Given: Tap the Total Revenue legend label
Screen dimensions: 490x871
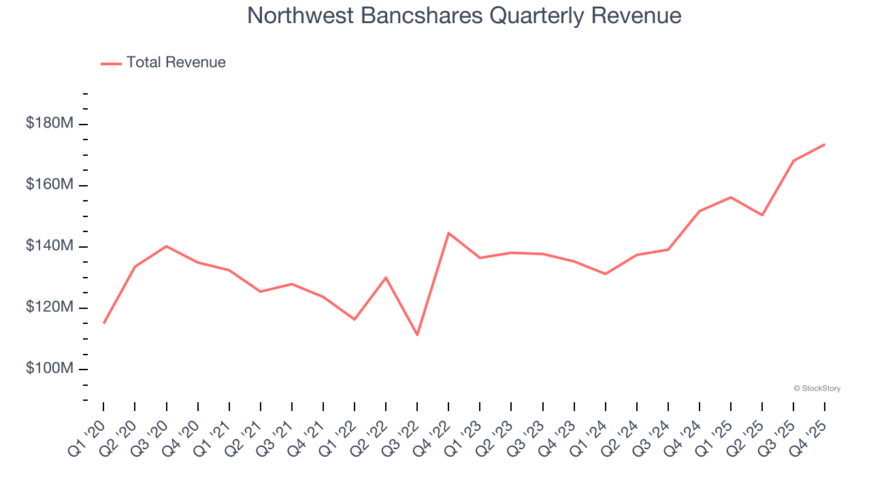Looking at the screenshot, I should [176, 63].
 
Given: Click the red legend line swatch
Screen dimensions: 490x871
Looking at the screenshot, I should [111, 63].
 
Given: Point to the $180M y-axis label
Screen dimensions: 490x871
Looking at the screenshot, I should [50, 124].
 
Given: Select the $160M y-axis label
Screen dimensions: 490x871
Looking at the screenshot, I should [50, 185].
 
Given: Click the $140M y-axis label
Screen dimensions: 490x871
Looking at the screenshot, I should [50, 246].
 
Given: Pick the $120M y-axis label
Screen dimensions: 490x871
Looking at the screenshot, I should [50, 308].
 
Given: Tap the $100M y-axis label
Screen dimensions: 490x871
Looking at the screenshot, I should [50, 369].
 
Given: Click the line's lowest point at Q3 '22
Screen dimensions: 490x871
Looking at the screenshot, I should [417, 335].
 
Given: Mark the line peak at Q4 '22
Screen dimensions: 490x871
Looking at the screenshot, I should [448, 233].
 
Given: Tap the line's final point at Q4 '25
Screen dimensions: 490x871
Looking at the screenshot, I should [825, 144].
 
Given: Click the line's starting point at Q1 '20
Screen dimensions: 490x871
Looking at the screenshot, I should [103, 323].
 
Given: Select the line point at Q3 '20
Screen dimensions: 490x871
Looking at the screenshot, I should [166, 246].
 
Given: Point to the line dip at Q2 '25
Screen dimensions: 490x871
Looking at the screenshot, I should [762, 215].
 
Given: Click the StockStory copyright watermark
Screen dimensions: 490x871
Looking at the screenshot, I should [817, 389].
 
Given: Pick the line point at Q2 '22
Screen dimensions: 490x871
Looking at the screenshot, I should [386, 278].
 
